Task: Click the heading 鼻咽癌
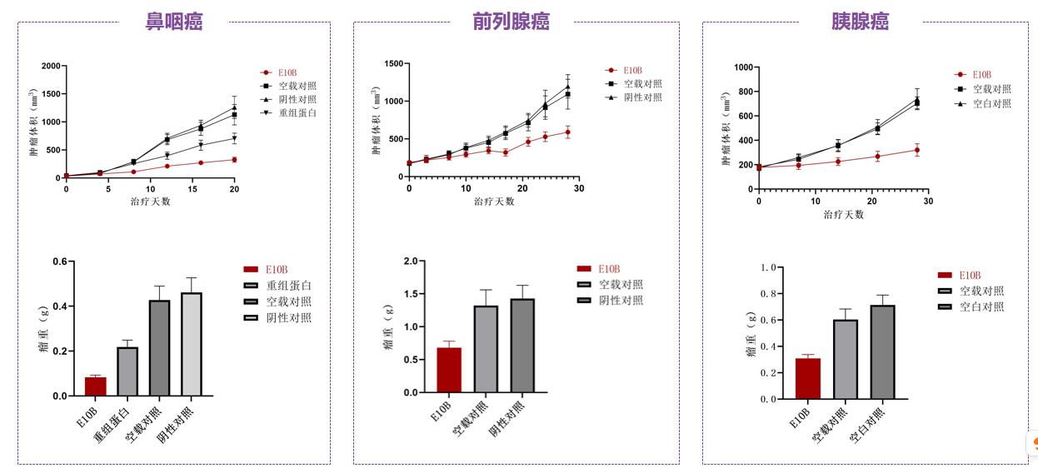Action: (x=174, y=22)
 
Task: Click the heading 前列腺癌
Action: (x=511, y=22)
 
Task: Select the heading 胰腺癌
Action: (x=860, y=22)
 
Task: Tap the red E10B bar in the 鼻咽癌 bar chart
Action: (x=96, y=386)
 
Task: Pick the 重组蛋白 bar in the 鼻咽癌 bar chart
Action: (x=127, y=371)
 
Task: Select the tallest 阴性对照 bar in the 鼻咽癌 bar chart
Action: (x=191, y=345)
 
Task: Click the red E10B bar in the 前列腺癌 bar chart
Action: (x=449, y=370)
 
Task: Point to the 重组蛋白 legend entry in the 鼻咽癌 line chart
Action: (x=297, y=113)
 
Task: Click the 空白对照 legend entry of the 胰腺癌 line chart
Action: (x=991, y=103)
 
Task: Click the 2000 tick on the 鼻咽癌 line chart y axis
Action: (x=50, y=66)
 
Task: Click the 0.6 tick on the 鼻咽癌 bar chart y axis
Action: (x=60, y=261)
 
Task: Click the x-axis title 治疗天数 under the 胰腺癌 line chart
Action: (x=843, y=214)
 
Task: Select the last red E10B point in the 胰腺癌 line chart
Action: (x=917, y=151)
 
